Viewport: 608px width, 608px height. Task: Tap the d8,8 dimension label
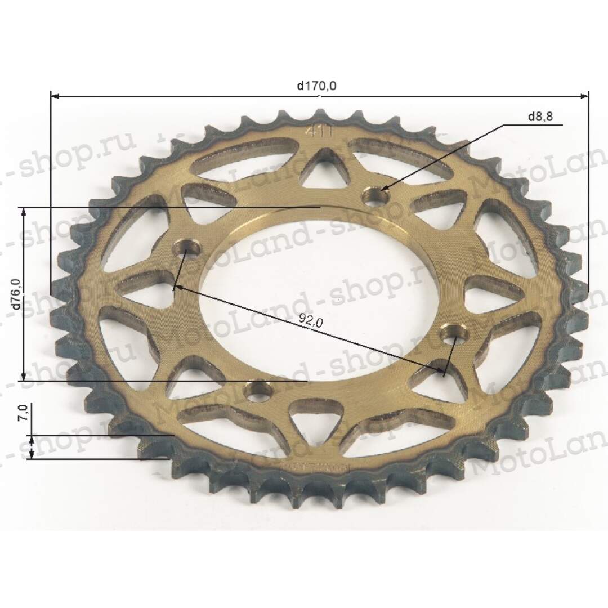(x=540, y=117)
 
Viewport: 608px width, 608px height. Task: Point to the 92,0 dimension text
(x=311, y=321)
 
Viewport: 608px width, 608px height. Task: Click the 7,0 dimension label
(x=22, y=415)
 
